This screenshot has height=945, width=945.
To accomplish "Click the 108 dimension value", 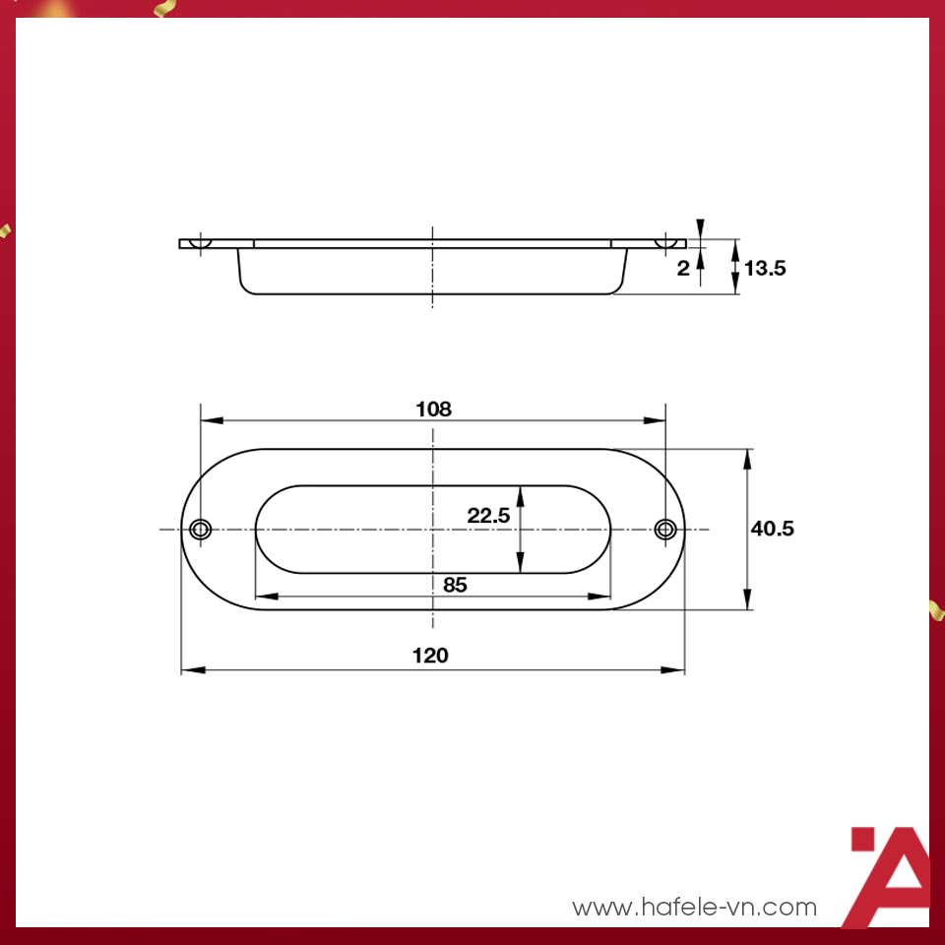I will pyautogui.click(x=433, y=409).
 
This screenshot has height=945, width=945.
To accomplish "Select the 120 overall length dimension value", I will pyautogui.click(x=430, y=656).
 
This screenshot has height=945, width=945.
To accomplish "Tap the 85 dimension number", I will pyautogui.click(x=454, y=584).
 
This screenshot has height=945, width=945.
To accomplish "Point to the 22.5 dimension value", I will pyautogui.click(x=488, y=515).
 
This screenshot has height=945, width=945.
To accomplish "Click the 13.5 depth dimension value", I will pyautogui.click(x=765, y=267).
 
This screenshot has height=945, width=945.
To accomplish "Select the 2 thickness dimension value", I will pyautogui.click(x=683, y=268).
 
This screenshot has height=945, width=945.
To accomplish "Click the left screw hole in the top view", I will pyautogui.click(x=201, y=530).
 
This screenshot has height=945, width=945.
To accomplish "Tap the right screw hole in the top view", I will pyautogui.click(x=665, y=530).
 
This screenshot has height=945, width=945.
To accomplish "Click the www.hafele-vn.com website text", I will pyautogui.click(x=695, y=907).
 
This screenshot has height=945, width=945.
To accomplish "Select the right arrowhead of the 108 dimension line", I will pyautogui.click(x=656, y=420).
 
